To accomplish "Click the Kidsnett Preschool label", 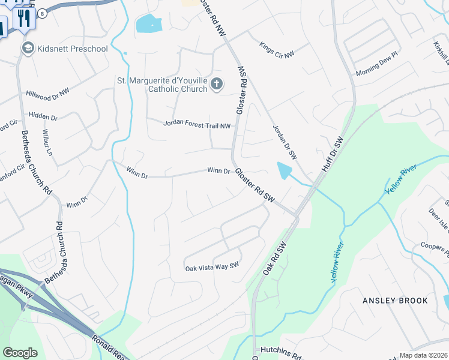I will pos(72,49).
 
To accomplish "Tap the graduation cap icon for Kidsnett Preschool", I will pos(28,48).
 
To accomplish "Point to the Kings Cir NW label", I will pos(277,50).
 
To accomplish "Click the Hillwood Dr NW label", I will pos(48,93).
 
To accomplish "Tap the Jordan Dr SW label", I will pos(285,142).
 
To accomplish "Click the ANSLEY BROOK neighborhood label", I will pos(395,300).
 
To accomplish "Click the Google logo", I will pos(20,353).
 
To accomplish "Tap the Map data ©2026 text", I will pos(424,355).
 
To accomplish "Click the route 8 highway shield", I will pos(43,13).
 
